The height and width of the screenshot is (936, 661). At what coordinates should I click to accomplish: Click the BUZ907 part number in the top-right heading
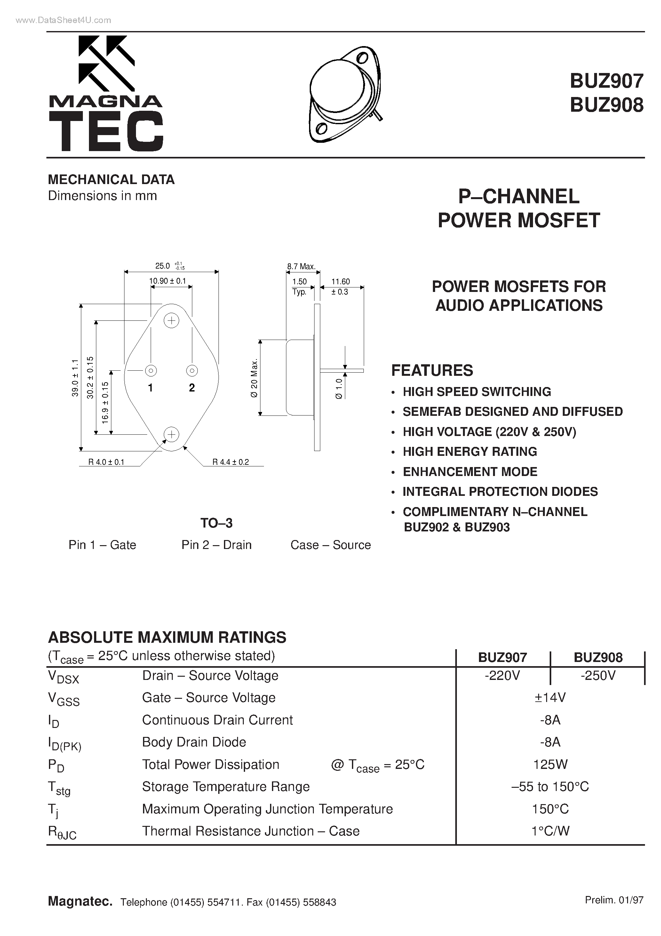pyautogui.click(x=606, y=81)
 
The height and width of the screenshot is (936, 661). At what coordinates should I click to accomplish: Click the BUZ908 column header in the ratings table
pyautogui.click(x=598, y=657)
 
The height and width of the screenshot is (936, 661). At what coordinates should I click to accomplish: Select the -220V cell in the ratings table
pyautogui.click(x=503, y=676)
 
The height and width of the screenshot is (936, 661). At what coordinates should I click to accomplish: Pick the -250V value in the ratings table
pyautogui.click(x=598, y=676)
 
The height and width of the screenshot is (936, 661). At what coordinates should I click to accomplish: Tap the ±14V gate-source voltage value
pyautogui.click(x=550, y=698)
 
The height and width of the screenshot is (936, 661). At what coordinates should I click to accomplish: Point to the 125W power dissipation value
pyautogui.click(x=550, y=764)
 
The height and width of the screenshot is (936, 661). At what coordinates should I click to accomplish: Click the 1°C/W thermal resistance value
pyautogui.click(x=550, y=831)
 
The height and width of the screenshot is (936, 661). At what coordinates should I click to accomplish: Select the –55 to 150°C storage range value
pyautogui.click(x=550, y=787)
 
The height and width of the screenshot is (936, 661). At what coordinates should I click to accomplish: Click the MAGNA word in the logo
pyautogui.click(x=106, y=101)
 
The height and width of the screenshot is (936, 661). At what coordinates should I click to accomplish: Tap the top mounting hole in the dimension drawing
pyautogui.click(x=171, y=321)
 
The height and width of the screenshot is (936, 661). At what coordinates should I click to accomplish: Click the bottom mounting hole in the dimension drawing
pyautogui.click(x=171, y=435)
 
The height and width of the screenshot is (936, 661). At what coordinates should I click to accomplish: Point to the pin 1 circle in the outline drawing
pyautogui.click(x=151, y=371)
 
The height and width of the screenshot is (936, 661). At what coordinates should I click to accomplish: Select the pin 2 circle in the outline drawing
pyautogui.click(x=192, y=371)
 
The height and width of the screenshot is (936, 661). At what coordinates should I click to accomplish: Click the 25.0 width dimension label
pyautogui.click(x=163, y=266)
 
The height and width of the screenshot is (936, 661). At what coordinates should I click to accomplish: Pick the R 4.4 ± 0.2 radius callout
pyautogui.click(x=231, y=462)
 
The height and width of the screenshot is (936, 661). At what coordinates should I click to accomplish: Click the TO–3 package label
pyautogui.click(x=216, y=523)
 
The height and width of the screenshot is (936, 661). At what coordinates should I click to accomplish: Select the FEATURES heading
pyautogui.click(x=432, y=370)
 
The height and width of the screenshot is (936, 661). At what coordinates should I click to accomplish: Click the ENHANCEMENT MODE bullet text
pyautogui.click(x=470, y=472)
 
